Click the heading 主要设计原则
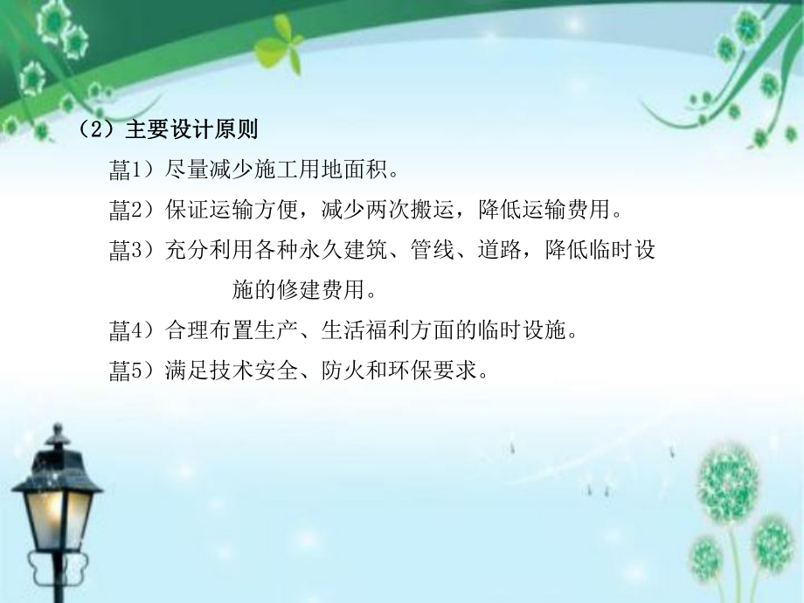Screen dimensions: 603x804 191,130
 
